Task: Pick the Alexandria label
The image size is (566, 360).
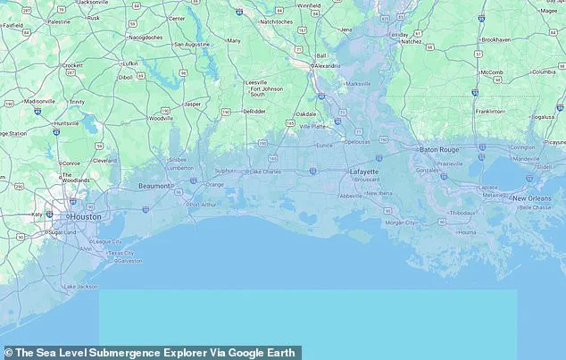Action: click(328, 66)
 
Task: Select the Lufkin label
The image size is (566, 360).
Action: click(130, 63)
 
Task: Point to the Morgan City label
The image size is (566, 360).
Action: click(400, 222)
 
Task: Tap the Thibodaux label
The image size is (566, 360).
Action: click(462, 213)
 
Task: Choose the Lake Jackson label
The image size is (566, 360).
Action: click(79, 286)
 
